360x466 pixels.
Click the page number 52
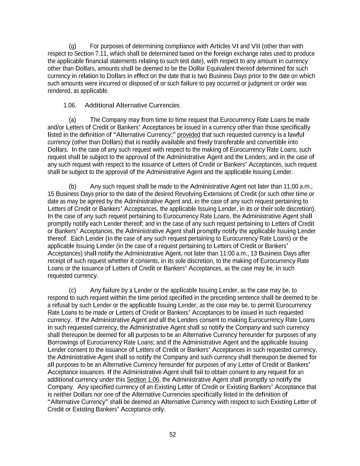point(173,435)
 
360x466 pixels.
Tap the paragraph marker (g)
point(72,46)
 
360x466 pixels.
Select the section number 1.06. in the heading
point(70,105)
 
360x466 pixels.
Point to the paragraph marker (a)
point(72,120)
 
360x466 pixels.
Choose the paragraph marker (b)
point(72,186)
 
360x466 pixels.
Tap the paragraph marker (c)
point(72,290)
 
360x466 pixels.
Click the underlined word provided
point(189,135)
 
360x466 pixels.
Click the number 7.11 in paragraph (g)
point(101,54)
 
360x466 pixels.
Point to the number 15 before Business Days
point(51,194)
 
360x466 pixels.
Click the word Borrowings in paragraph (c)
point(63,342)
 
